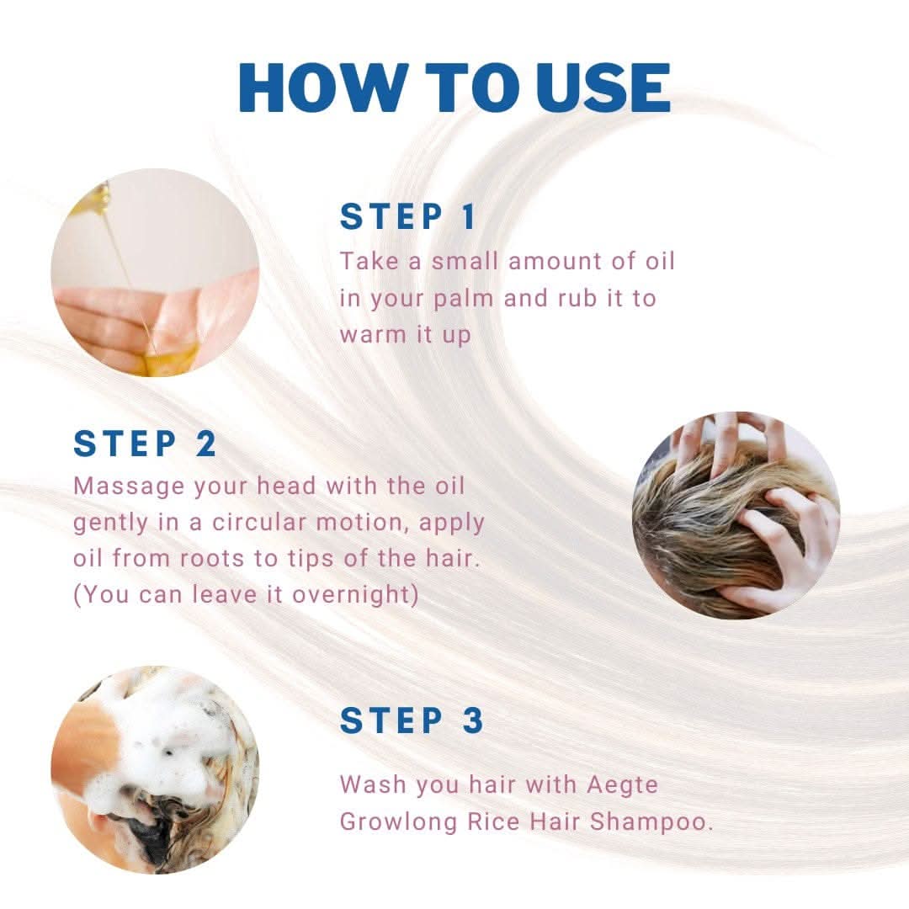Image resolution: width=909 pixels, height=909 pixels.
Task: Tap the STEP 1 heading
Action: point(407,216)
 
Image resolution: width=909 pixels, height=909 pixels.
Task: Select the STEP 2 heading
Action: point(145,444)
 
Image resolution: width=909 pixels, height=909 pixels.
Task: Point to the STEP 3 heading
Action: point(411,720)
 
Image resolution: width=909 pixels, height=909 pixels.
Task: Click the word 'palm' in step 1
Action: point(463,300)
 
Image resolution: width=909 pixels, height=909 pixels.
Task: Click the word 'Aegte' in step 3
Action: point(623,785)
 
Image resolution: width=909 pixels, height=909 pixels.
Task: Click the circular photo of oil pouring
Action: point(155,273)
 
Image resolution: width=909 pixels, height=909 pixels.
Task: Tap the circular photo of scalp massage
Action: point(736,515)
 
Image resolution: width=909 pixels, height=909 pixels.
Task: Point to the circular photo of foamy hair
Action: point(155,770)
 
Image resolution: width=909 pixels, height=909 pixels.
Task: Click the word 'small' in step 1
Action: point(465,262)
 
